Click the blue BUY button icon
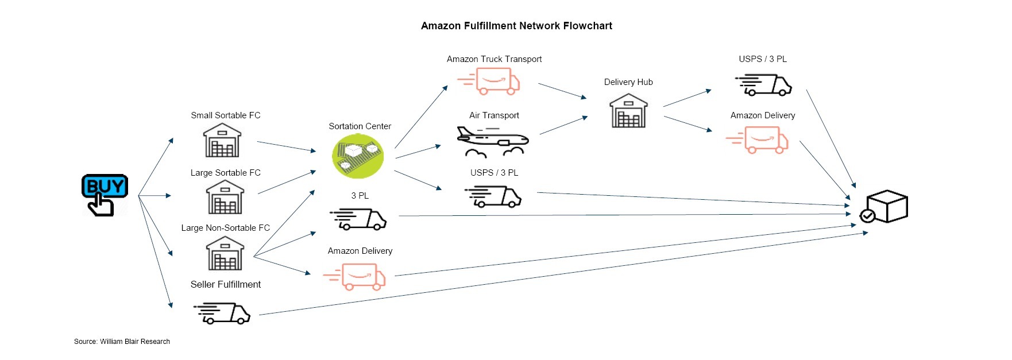coord(104,194)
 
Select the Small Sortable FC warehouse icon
coord(222,140)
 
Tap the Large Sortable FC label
coord(225,173)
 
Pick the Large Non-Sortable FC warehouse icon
coord(225,253)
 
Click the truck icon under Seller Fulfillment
coord(223,313)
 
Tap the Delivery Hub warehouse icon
coord(628,111)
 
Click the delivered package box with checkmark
coord(884,207)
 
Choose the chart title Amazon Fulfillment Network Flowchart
coord(516,26)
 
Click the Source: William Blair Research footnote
coord(122,342)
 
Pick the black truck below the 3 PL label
coord(358,219)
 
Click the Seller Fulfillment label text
coord(225,285)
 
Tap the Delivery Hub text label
coord(628,82)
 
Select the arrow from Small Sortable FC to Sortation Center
coord(286,146)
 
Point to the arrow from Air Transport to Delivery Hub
coord(563,125)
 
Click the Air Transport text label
coord(494,115)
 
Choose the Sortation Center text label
coord(360,126)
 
